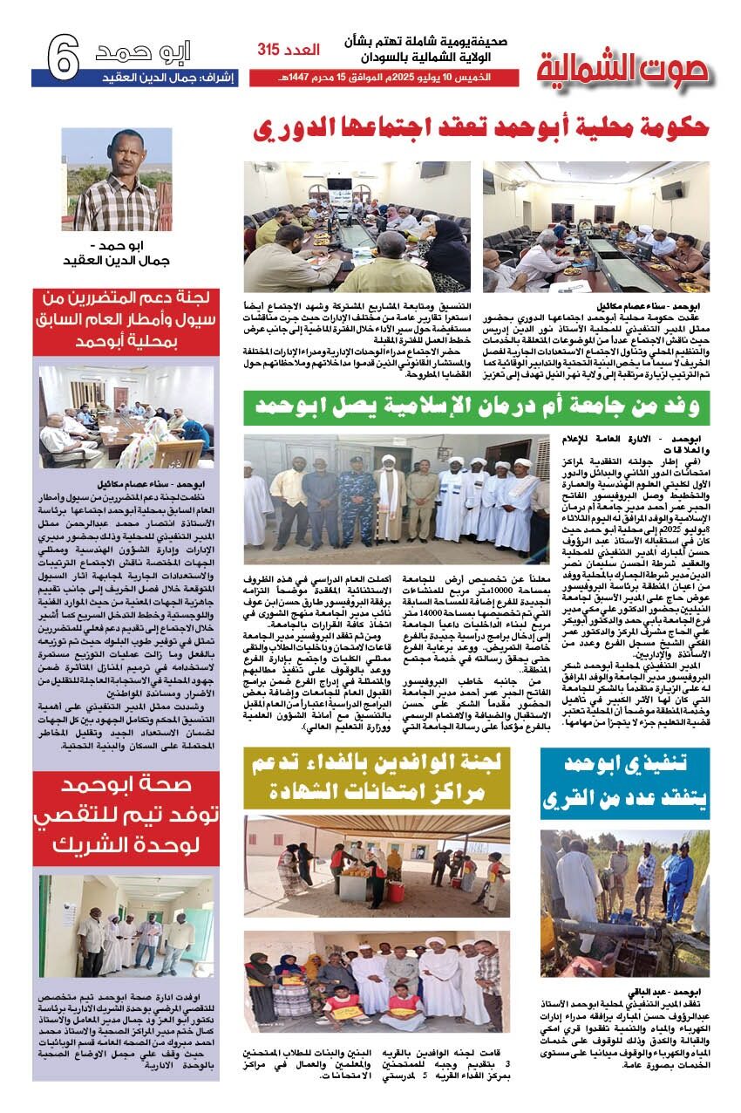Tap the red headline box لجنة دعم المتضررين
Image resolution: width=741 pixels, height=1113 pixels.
(x=126, y=320)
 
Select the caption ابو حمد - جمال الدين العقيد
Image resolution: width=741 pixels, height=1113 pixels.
(x=117, y=254)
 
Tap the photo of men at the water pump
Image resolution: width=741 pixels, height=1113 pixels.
(x=624, y=902)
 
